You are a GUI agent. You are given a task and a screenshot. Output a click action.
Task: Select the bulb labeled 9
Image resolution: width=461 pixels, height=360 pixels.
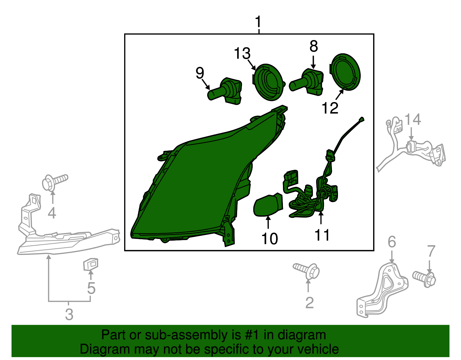coord(225,91)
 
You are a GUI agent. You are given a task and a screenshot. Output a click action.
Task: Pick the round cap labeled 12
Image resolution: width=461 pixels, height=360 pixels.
coord(345,72)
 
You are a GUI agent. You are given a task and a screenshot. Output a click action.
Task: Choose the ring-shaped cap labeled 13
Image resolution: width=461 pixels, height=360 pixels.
coord(268,82)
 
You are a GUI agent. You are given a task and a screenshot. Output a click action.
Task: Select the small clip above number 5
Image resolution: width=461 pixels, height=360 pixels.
coord(90,264)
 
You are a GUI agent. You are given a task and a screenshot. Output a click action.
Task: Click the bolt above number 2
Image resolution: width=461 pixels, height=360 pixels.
coord(306,271)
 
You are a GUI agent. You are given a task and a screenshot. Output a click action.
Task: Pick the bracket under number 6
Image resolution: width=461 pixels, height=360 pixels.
coord(382,290)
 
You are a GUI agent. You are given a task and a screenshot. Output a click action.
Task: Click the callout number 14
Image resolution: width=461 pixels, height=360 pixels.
coord(413,119)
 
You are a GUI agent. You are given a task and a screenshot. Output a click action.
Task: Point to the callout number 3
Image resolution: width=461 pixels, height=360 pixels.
coord(69,314)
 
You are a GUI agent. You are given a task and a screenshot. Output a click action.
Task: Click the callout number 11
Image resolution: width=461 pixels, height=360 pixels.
coord(322,235)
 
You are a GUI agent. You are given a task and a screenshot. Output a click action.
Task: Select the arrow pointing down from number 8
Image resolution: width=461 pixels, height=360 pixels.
coord(313,62)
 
